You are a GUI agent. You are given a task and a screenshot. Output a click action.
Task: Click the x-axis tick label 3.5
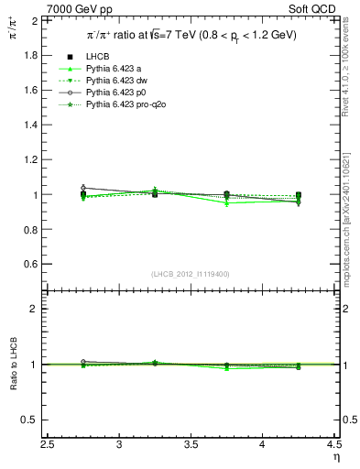point(191,444)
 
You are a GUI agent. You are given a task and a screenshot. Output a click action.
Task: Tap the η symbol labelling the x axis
point(335,457)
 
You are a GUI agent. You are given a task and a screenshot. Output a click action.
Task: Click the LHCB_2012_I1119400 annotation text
point(191,275)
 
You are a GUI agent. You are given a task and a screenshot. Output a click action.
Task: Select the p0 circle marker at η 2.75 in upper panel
point(83,188)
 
